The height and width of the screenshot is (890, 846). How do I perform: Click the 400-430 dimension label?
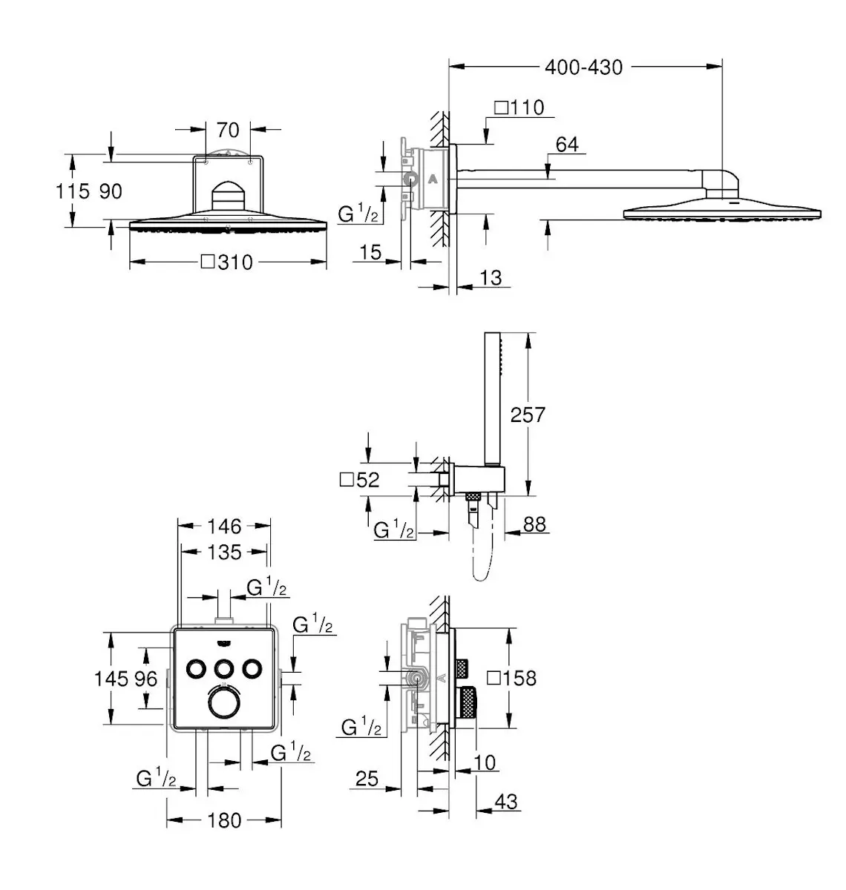point(583,67)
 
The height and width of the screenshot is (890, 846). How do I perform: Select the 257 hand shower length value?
point(528,415)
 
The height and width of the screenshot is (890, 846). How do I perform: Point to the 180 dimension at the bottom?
point(224,820)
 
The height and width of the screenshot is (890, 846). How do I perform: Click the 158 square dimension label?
point(511,678)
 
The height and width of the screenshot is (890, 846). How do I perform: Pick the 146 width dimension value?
point(224,527)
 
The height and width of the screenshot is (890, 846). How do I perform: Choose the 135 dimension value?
point(224,553)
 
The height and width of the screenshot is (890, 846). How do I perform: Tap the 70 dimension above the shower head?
point(228,131)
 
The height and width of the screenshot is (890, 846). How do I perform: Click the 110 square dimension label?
point(519,108)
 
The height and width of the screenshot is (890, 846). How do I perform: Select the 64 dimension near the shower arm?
point(567,145)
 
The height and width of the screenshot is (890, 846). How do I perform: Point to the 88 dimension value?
point(534,524)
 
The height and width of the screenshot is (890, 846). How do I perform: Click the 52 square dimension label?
point(359,480)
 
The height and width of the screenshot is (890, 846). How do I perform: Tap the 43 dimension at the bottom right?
point(505,802)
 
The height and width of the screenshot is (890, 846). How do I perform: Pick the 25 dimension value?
point(367,779)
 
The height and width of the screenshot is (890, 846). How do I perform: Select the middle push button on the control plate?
point(224,668)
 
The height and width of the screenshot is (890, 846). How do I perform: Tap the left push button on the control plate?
point(196,668)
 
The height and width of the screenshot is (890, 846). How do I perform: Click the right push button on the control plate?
point(252,668)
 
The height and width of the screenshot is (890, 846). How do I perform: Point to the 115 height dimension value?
point(73,191)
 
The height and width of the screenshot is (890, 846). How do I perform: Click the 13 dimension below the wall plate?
point(491,278)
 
